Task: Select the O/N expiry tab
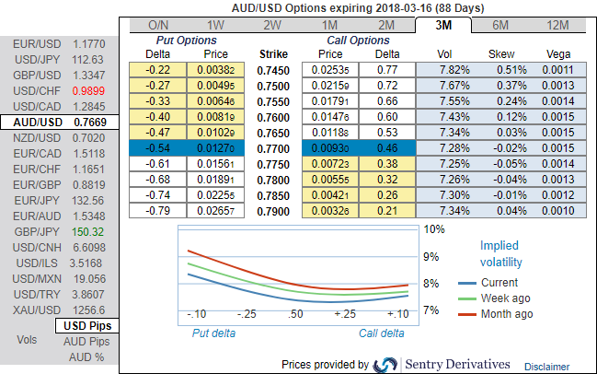(x=158, y=25)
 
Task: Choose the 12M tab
(x=557, y=25)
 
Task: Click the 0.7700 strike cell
(x=274, y=148)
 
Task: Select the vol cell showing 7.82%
(x=444, y=69)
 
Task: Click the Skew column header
(x=500, y=54)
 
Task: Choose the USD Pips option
(x=87, y=325)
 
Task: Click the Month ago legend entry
(x=506, y=314)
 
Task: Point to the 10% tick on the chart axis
(x=434, y=228)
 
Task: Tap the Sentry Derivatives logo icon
(x=386, y=365)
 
